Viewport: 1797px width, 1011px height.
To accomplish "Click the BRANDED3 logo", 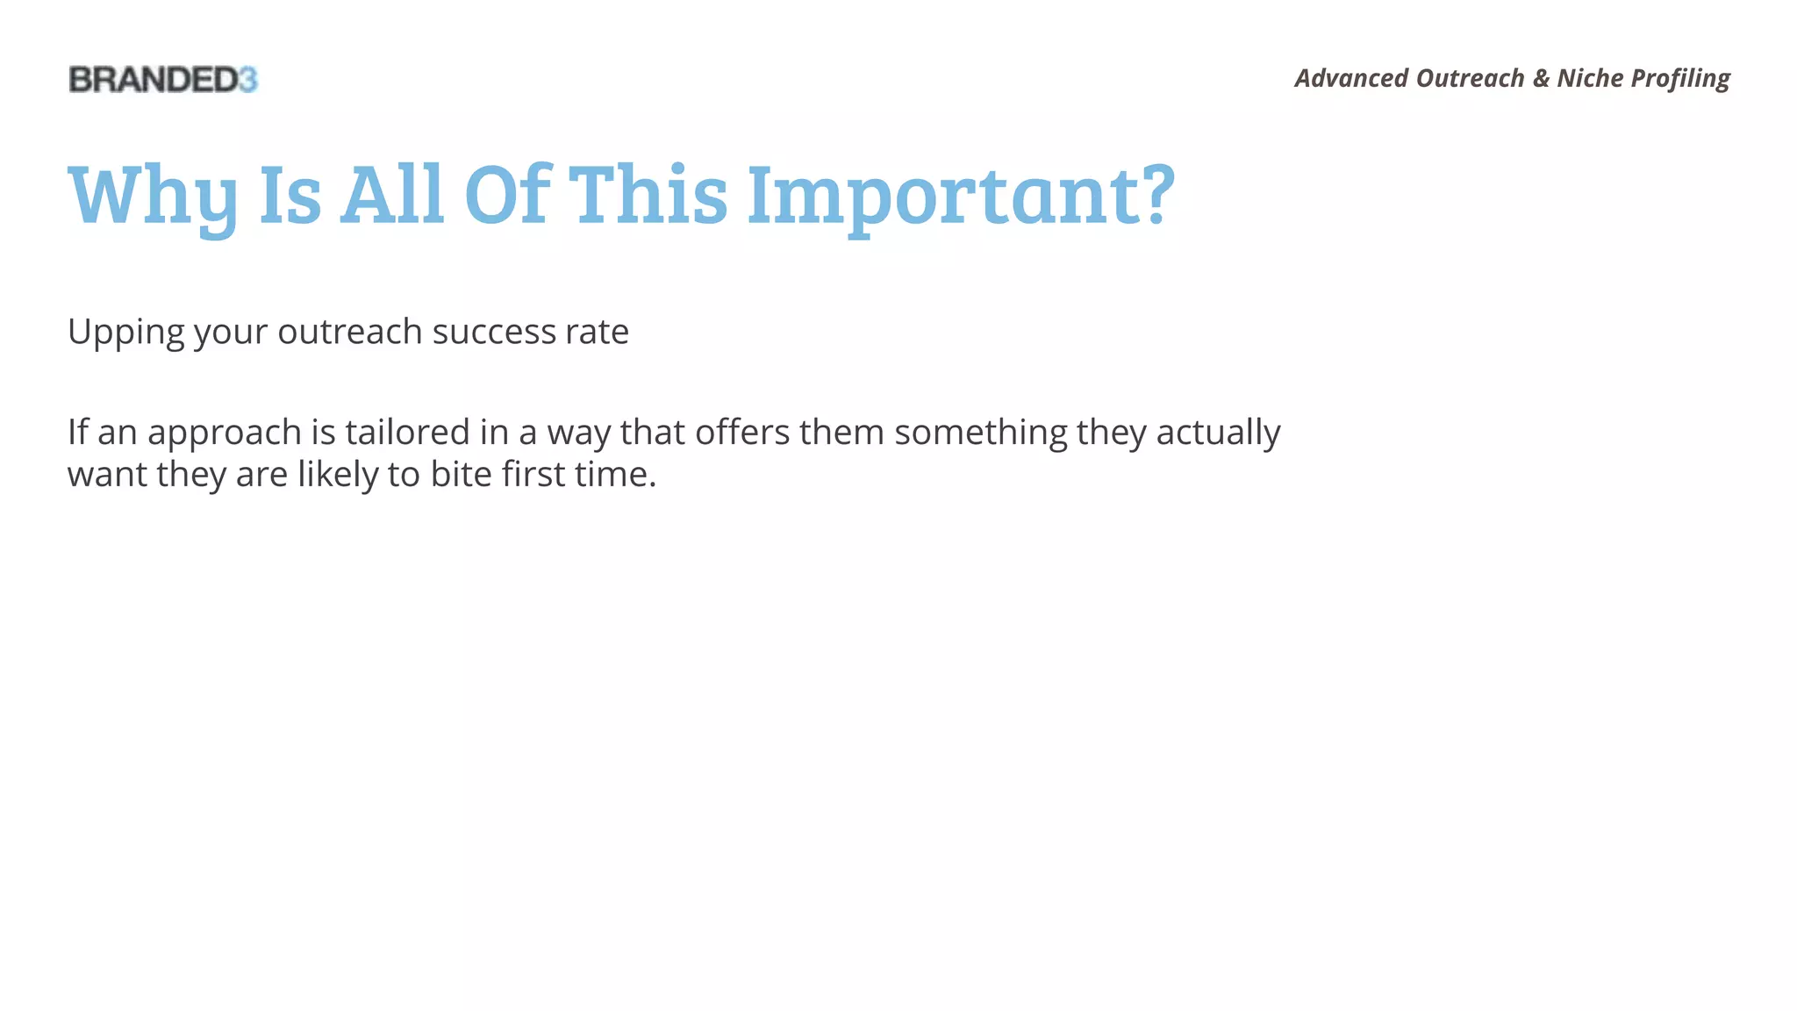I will click(163, 80).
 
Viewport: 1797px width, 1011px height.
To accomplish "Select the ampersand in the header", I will click(1541, 78).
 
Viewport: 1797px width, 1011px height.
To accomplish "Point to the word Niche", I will click(1590, 78).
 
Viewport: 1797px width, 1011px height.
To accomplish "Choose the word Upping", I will click(125, 333).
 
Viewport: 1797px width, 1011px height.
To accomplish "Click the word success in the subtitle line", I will click(494, 332).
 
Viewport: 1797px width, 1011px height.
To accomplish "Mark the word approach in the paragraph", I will click(224, 434).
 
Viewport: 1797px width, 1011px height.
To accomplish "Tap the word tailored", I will click(407, 432).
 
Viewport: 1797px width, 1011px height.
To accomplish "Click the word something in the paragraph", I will click(980, 434).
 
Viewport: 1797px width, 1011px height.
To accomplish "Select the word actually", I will click(1218, 434).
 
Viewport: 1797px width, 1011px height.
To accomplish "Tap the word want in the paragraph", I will click(107, 475).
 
